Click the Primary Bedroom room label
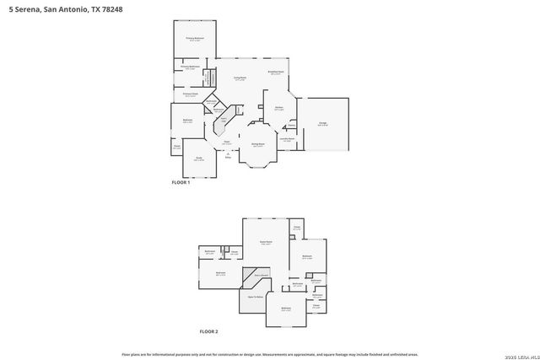(195, 39)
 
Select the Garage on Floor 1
(322, 124)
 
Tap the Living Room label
(240, 78)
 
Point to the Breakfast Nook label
(275, 73)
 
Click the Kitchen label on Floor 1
(278, 108)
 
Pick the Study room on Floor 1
(199, 159)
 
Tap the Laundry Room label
(287, 139)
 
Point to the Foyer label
(226, 143)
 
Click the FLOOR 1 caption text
(181, 183)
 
